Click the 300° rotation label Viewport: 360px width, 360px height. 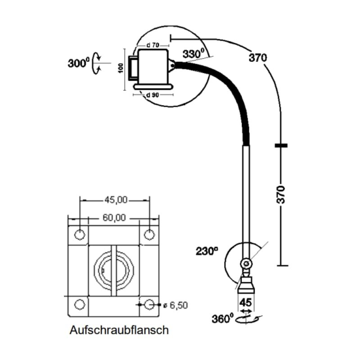pos(78,63)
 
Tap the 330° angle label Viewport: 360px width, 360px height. pos(193,54)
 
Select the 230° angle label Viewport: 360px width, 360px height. pos(207,251)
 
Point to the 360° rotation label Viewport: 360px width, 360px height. pos(222,319)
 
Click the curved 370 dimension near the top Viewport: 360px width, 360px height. pos(258,58)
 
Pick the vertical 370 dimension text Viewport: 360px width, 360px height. pos(281,195)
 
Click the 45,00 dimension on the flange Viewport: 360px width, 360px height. pos(116,200)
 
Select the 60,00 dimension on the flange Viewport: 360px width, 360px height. pos(114,218)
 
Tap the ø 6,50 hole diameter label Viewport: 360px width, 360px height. pos(175,306)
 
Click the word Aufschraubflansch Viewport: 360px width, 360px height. pos(119,330)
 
